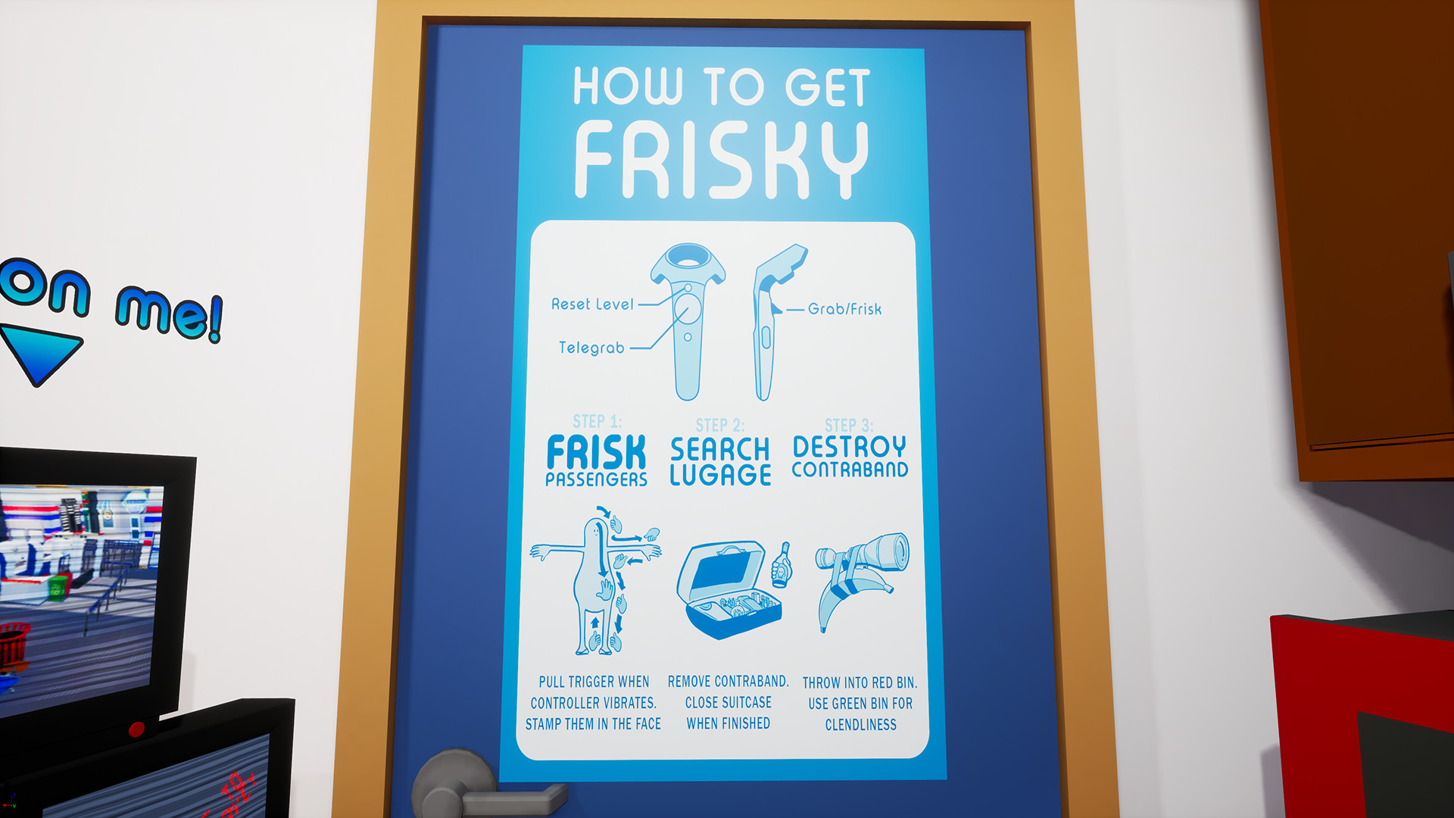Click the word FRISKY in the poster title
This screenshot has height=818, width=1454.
point(721,161)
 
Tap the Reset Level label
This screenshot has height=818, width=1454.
point(592,304)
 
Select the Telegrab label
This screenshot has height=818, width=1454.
point(591,348)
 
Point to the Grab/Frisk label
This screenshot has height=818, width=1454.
point(844,309)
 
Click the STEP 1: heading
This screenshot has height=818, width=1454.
point(597,421)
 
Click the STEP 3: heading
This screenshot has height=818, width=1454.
point(849,426)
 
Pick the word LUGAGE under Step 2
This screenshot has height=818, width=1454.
point(720,476)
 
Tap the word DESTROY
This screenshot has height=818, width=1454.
point(849,446)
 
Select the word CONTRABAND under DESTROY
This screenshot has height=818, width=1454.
point(850,470)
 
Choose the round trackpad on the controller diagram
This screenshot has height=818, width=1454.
point(687,310)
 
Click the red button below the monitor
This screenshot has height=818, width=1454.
point(136,729)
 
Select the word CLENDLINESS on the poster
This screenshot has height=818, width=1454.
point(860,725)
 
